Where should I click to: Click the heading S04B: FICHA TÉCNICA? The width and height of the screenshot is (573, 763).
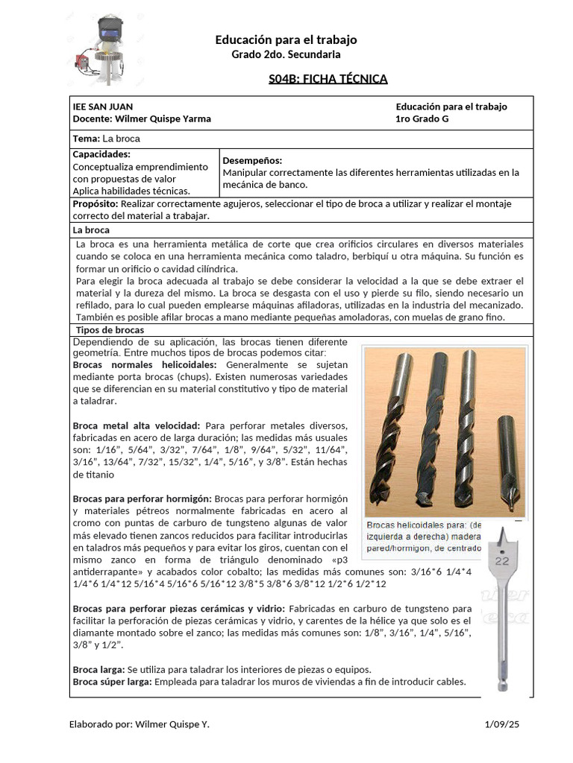[328, 79]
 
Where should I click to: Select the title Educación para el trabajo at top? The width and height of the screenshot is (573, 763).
[286, 39]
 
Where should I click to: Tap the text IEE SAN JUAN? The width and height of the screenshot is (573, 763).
[103, 107]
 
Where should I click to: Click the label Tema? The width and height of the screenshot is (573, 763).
[86, 139]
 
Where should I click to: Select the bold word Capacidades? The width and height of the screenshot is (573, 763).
[101, 154]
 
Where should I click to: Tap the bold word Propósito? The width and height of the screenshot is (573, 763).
[95, 203]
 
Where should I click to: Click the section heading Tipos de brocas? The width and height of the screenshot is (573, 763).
[110, 329]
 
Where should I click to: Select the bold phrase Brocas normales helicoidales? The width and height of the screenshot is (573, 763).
[145, 365]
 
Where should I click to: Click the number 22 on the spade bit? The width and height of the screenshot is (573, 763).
[501, 560]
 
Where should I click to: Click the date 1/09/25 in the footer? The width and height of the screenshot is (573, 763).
[501, 724]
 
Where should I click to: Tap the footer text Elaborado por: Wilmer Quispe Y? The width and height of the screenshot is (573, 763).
[139, 724]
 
